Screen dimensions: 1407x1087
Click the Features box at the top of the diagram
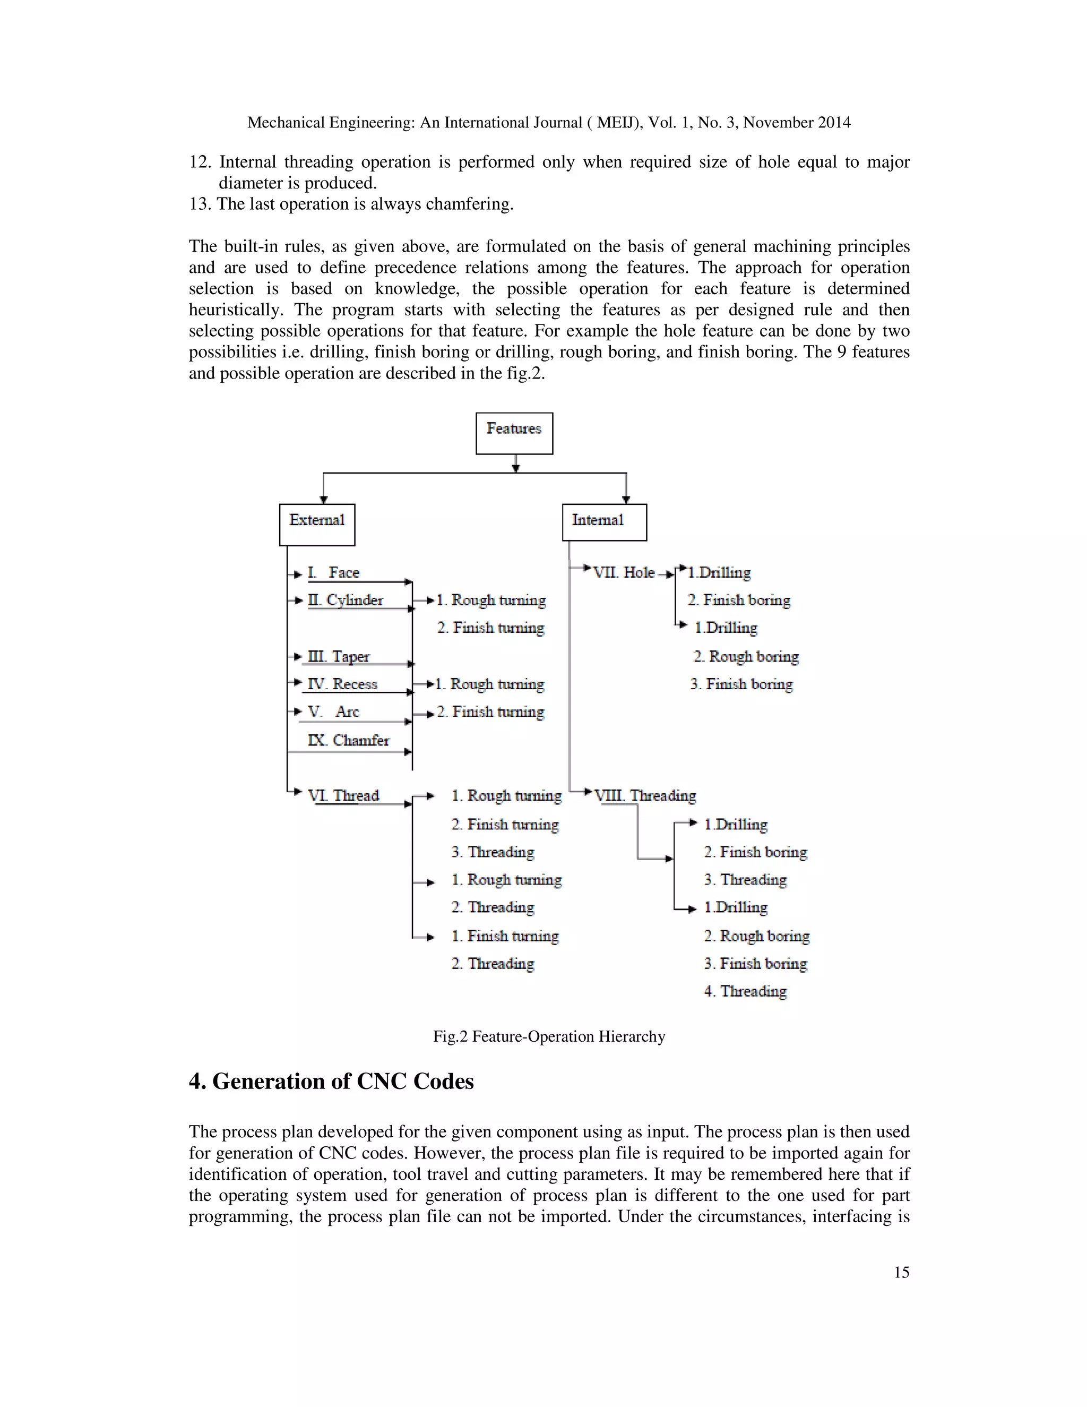click(514, 433)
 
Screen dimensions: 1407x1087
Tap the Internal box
click(603, 522)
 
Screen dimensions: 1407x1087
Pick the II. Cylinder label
click(345, 600)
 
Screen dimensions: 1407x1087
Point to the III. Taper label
click(339, 656)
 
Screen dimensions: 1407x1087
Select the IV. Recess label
click(342, 683)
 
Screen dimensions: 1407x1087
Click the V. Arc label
click(333, 711)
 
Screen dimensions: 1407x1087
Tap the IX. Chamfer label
click(348, 740)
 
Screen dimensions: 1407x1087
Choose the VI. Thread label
click(343, 796)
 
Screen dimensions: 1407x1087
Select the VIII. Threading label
click(644, 796)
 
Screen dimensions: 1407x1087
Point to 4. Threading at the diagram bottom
click(745, 991)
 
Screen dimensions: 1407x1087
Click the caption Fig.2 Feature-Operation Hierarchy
click(549, 1036)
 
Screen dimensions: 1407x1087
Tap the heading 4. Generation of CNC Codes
click(331, 1082)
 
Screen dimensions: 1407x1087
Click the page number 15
click(901, 1272)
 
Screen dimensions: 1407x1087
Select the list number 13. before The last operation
click(200, 204)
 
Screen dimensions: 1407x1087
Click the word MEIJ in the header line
click(618, 123)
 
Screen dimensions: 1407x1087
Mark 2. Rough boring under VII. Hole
click(746, 656)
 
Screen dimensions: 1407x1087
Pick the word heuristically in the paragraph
click(235, 310)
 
